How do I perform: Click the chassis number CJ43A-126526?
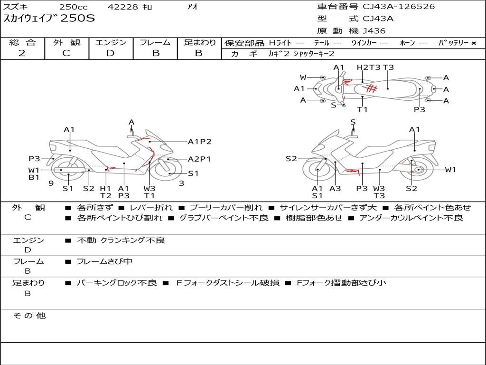(x=399, y=7)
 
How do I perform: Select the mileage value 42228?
(x=123, y=7)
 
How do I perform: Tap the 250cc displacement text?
(x=74, y=7)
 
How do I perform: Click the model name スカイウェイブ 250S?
(x=49, y=19)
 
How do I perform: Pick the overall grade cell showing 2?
(x=22, y=53)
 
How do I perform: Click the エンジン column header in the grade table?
(x=111, y=42)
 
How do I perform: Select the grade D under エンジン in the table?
(x=111, y=53)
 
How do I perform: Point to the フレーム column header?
(x=155, y=42)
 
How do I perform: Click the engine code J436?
(x=374, y=31)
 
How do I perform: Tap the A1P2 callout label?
(x=199, y=141)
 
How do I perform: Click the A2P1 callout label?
(x=199, y=159)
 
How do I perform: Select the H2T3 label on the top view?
(x=368, y=67)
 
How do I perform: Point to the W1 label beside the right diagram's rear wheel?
(x=450, y=170)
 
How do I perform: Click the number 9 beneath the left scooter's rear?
(x=50, y=183)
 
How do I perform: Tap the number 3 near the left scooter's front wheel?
(x=181, y=183)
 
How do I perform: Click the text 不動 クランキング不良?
(x=121, y=240)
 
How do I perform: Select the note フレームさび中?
(x=104, y=261)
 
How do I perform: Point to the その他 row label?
(x=29, y=316)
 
